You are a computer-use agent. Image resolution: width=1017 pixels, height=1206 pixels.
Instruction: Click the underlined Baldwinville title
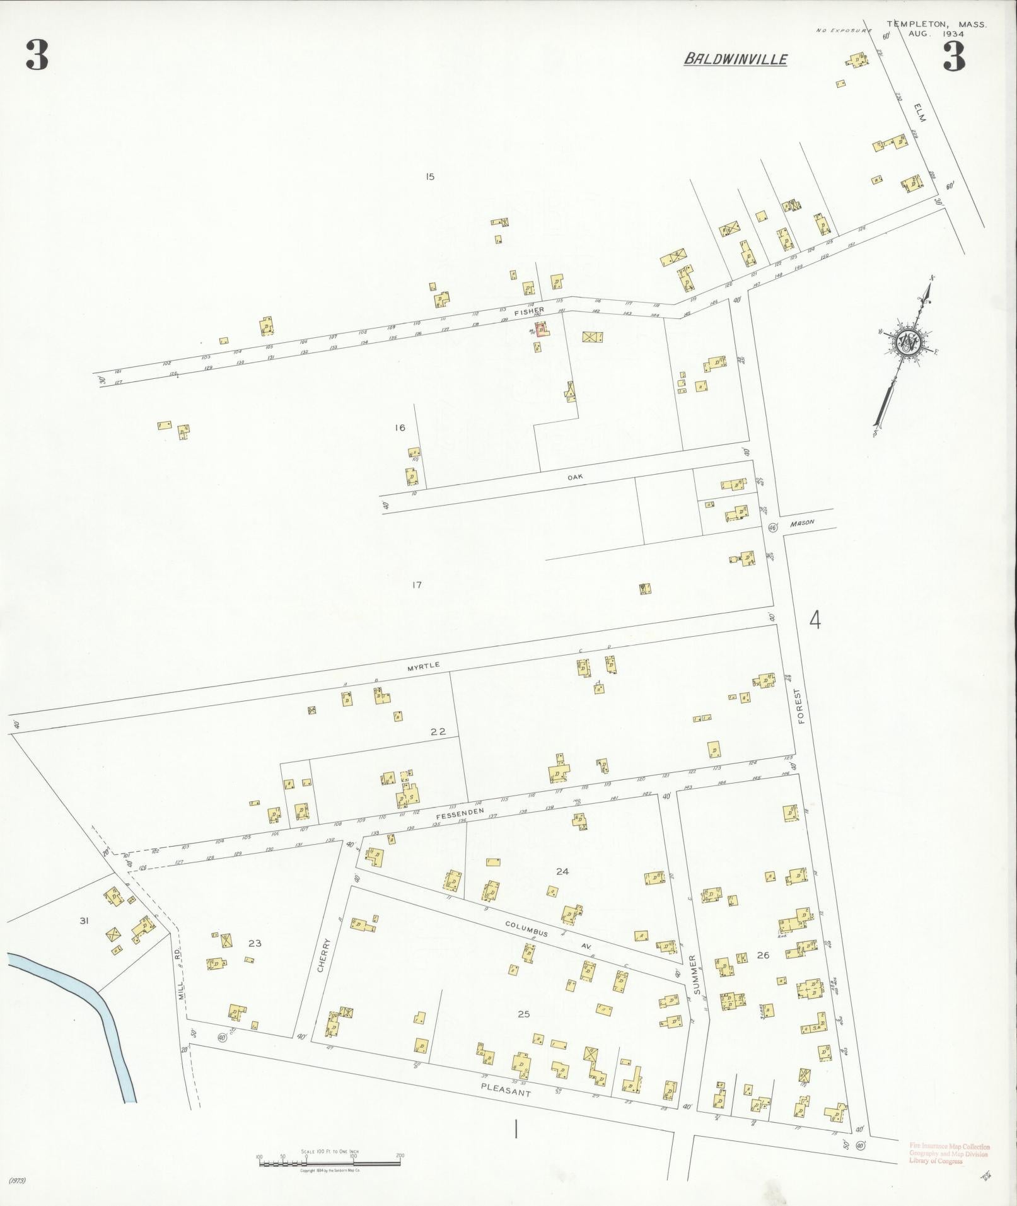pyautogui.click(x=735, y=59)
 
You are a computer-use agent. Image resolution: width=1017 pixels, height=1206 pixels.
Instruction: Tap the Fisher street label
pyautogui.click(x=528, y=310)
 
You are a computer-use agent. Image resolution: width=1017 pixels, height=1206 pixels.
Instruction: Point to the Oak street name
pyautogui.click(x=575, y=477)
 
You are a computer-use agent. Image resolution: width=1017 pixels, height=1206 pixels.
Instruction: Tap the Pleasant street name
pyautogui.click(x=505, y=1090)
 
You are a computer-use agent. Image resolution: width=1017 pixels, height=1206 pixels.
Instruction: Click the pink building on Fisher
pyautogui.click(x=541, y=328)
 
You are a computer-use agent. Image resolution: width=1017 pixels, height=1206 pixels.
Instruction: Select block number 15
pyautogui.click(x=430, y=177)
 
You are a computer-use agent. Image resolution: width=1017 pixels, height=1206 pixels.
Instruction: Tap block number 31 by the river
pyautogui.click(x=84, y=921)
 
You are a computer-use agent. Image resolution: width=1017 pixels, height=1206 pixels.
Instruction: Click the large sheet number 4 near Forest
pyautogui.click(x=815, y=621)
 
